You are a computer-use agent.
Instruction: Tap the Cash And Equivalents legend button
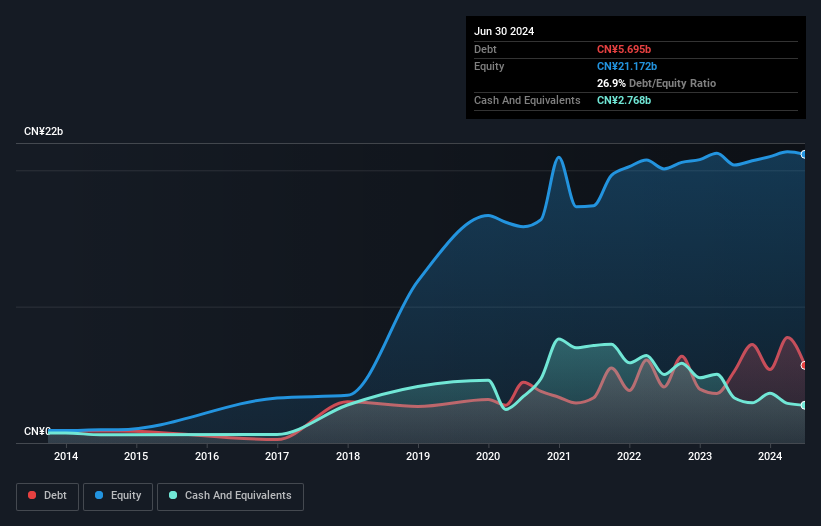(x=230, y=496)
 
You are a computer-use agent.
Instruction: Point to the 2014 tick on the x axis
(x=66, y=457)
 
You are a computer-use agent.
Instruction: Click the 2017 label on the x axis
(x=277, y=457)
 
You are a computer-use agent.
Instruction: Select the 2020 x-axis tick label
(x=489, y=457)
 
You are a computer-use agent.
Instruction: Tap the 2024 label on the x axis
(x=770, y=457)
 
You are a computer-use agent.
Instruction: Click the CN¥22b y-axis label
(x=44, y=132)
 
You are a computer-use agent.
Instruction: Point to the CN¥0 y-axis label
(x=37, y=431)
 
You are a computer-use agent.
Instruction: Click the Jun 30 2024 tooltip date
(x=504, y=31)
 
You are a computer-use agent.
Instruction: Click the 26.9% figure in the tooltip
(x=611, y=83)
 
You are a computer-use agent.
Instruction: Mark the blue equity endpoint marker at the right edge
(x=804, y=154)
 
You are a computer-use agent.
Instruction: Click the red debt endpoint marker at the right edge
(x=804, y=365)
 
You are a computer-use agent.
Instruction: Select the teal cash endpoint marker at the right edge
(x=804, y=405)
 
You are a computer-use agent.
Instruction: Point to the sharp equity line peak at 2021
(x=558, y=157)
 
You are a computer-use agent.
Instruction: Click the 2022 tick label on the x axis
(x=629, y=457)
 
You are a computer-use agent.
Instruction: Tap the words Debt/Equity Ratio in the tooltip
(x=672, y=83)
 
